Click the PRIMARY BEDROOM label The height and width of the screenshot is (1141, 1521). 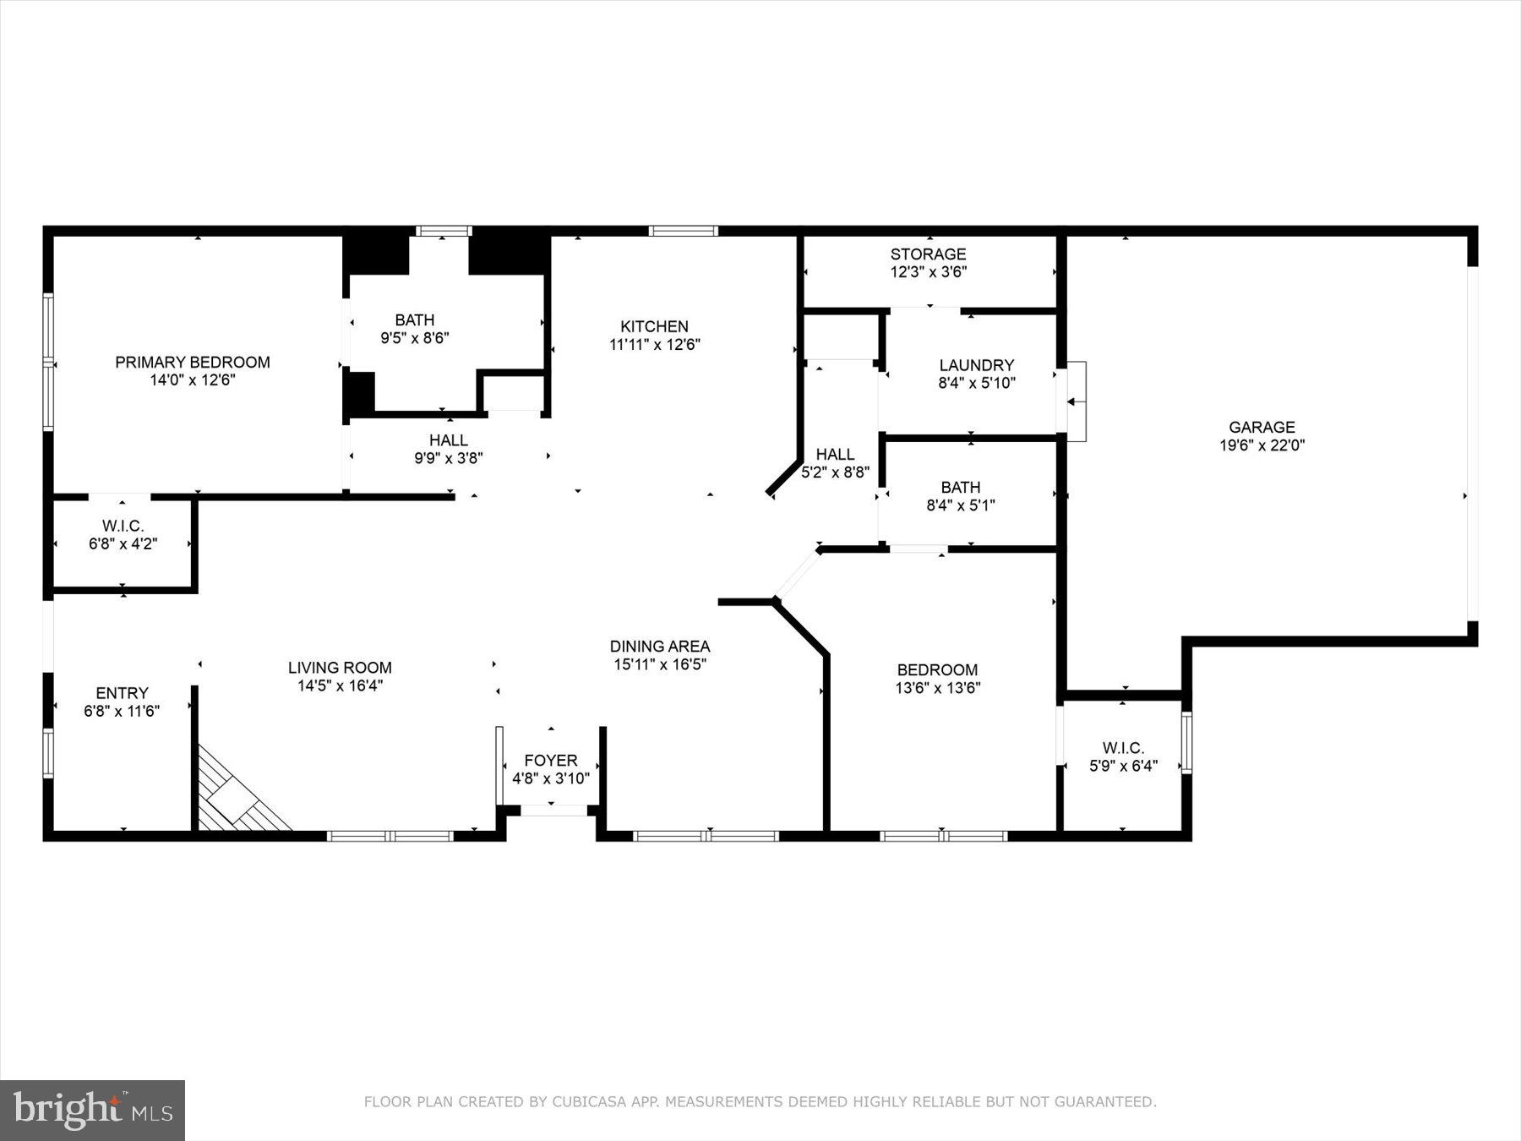193,362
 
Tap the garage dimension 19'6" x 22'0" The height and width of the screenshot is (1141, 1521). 1262,445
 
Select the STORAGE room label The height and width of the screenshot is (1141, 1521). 928,254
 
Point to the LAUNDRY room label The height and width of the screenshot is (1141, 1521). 976,365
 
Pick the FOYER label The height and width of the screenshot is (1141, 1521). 550,760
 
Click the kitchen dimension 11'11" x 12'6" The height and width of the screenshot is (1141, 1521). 654,345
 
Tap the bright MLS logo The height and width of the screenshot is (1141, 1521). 92,1109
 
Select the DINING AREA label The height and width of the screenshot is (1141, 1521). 659,646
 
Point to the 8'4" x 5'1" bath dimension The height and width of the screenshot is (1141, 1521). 960,505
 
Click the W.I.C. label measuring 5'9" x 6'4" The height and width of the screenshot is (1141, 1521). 1123,748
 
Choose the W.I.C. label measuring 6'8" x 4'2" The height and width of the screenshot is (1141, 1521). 123,526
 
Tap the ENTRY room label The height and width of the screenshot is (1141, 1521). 122,692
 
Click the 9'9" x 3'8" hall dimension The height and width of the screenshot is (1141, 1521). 448,458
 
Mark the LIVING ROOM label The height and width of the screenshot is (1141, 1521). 340,667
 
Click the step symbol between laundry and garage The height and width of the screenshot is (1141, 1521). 1077,401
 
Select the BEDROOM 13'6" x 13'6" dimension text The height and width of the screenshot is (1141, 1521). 937,688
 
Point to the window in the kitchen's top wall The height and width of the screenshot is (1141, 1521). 683,231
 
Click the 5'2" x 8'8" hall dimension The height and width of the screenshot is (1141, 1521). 835,472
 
